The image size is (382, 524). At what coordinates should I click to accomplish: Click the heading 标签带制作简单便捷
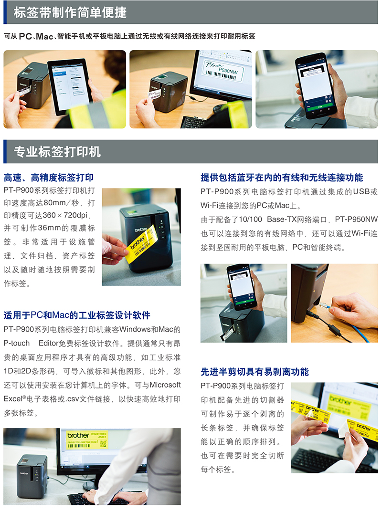point(70,13)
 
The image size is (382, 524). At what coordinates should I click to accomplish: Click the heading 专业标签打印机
point(57,152)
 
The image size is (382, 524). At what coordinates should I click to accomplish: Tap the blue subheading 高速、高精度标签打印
point(49,178)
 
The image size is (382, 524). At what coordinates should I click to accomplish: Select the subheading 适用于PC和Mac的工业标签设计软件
point(77,315)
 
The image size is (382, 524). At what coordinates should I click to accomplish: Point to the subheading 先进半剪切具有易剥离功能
point(255,372)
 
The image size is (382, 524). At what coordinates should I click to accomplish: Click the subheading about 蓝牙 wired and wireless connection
point(282,178)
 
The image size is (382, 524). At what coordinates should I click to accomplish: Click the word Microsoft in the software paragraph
point(165,385)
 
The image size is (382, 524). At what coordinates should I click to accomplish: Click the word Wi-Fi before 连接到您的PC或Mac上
point(210,206)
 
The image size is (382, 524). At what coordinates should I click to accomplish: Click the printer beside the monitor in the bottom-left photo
point(32,476)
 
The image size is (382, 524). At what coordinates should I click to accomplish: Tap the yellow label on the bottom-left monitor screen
point(86,439)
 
